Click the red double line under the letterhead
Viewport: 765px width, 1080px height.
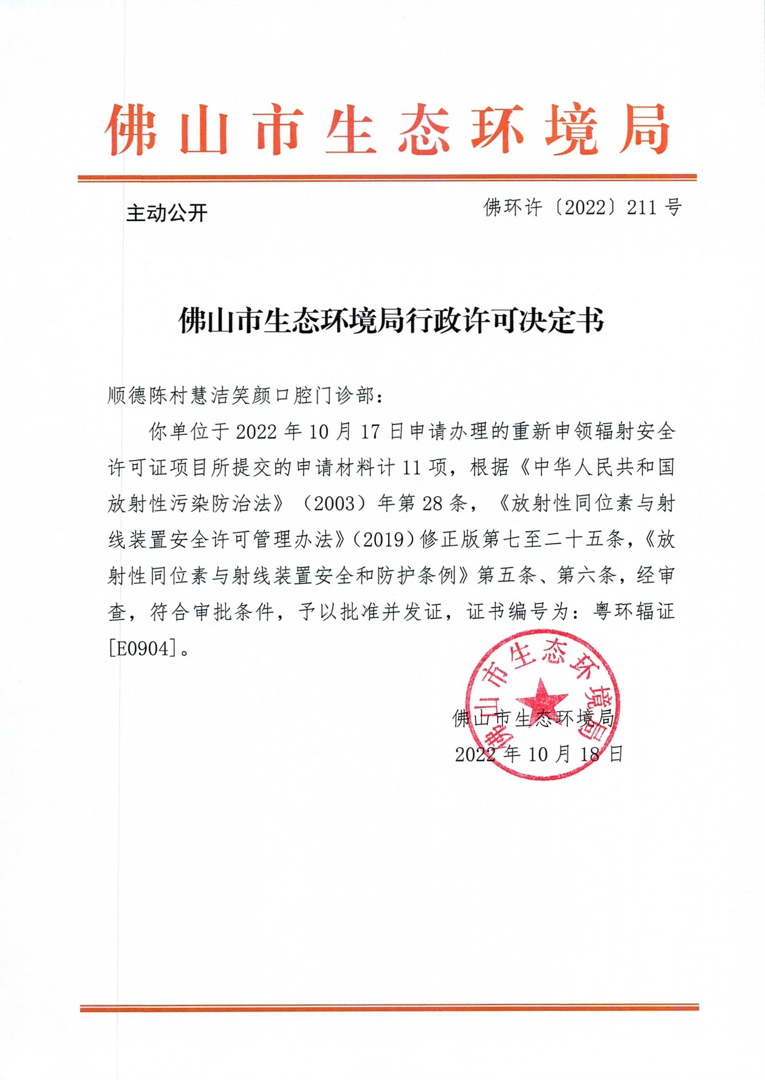click(387, 178)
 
